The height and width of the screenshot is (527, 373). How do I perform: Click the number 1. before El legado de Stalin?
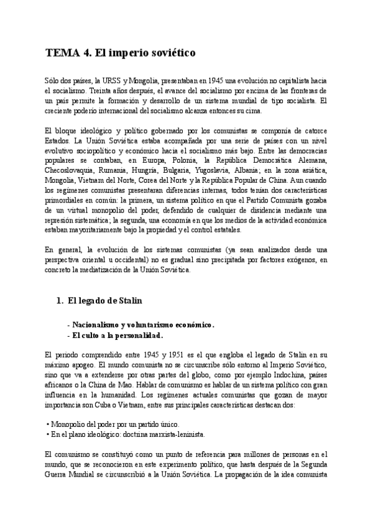(x=60, y=301)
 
